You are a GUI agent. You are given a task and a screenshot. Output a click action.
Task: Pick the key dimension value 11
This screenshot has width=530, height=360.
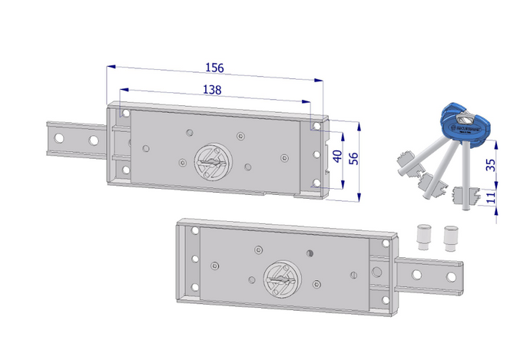[490, 197]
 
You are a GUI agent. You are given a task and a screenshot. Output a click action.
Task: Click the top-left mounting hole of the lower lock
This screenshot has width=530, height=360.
[194, 231]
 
